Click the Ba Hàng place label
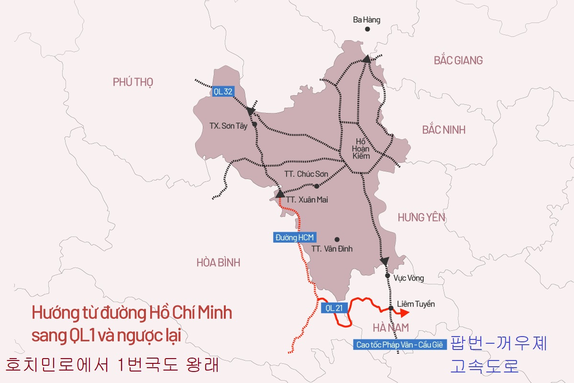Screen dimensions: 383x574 366,20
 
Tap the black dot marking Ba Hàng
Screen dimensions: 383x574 367,29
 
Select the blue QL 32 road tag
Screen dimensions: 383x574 222,91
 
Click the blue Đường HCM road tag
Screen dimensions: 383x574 294,237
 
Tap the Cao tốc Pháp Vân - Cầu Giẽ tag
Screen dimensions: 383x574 400,344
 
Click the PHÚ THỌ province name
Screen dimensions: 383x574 133,82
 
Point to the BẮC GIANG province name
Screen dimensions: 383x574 458,60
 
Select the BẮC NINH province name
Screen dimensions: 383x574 443,130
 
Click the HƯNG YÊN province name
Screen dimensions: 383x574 421,217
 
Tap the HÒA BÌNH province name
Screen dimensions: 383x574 218,262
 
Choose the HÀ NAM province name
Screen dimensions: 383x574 390,327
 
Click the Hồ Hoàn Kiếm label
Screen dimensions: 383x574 361,148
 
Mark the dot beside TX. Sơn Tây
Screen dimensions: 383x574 254,124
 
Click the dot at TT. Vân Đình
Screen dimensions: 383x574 337,239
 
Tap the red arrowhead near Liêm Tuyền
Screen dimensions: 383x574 405,313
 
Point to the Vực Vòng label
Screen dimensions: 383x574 408,278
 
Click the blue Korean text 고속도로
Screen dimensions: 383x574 484,366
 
